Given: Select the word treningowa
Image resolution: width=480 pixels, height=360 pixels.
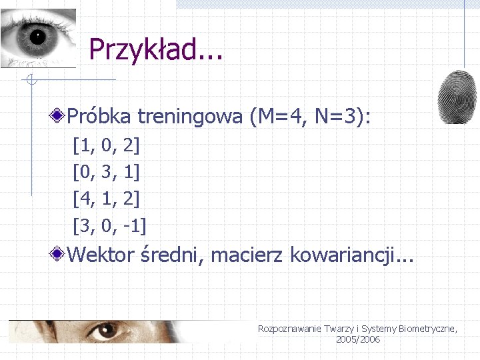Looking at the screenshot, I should [190, 117].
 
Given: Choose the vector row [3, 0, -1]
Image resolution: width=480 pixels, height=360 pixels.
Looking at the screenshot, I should [109, 225].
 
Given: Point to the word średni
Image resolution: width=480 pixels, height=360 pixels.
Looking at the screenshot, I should [171, 255].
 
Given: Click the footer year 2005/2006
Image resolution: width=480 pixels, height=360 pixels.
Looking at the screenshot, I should [358, 340].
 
